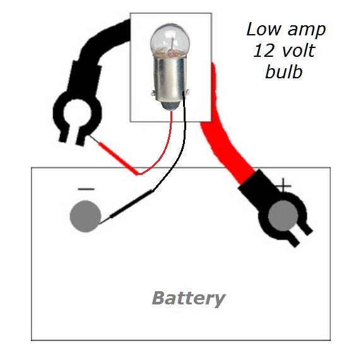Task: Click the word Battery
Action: (189, 299)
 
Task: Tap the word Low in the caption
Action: (264, 29)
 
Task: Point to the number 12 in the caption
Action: (264, 51)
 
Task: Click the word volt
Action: (299, 51)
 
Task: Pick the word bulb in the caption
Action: (284, 71)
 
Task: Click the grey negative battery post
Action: (85, 216)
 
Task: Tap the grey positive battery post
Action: (283, 216)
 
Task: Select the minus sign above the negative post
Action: (86, 189)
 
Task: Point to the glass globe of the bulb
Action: (170, 40)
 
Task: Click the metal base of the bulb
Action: (170, 80)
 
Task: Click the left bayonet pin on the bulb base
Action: (153, 93)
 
